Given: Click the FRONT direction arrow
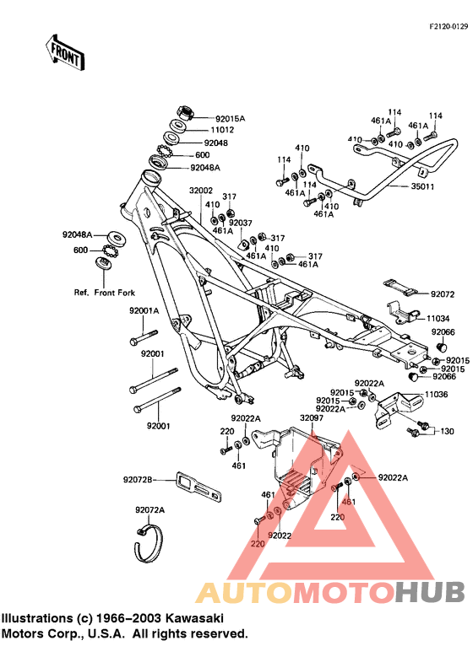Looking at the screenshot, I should (66, 52).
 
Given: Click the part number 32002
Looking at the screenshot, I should (200, 191).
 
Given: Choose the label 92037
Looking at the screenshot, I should (242, 223).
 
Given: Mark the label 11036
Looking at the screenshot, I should (436, 394).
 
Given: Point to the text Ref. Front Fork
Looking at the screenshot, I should (104, 293).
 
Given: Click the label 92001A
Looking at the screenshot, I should (144, 311).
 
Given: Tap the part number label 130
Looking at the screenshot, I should (447, 431).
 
